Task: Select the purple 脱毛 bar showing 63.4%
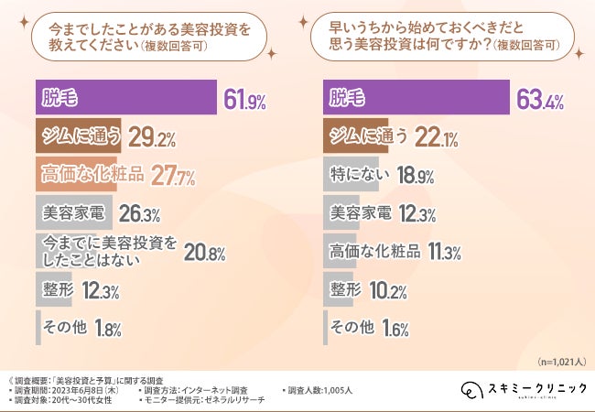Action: click(417, 98)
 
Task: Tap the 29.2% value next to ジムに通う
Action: click(151, 137)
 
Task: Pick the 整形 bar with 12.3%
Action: click(54, 289)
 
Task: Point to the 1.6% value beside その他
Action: click(395, 328)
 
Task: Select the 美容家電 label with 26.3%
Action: click(72, 213)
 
